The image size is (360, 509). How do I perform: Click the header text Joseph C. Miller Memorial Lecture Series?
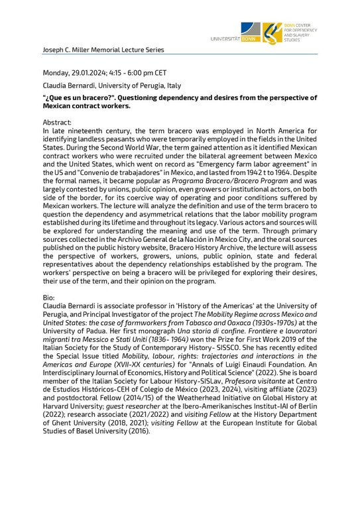click(x=94, y=50)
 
